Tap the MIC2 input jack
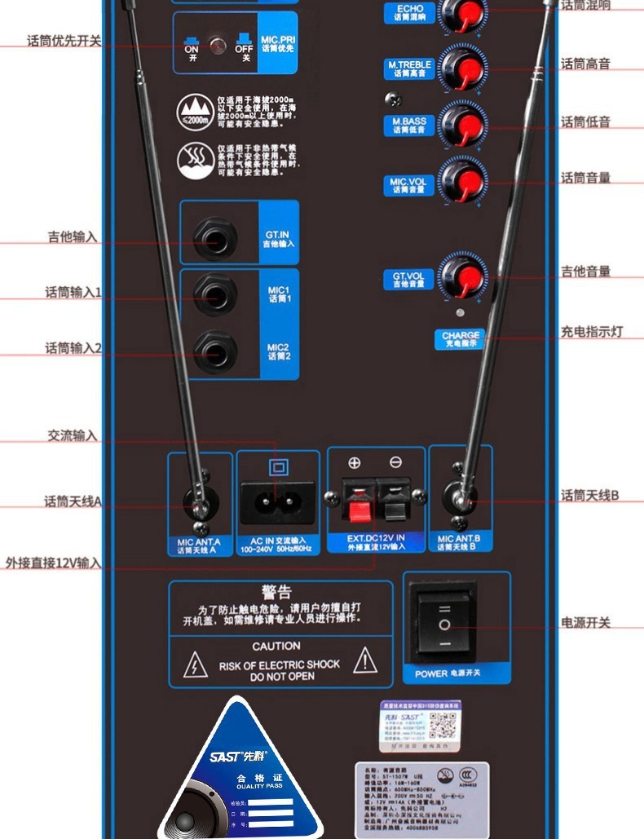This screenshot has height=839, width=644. click(215, 351)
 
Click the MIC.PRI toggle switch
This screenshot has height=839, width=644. click(218, 46)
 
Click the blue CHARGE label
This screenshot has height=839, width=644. click(461, 339)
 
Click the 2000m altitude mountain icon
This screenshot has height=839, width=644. click(196, 110)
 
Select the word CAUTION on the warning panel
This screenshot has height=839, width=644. click(276, 646)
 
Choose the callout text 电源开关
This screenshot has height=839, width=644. click(585, 623)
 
